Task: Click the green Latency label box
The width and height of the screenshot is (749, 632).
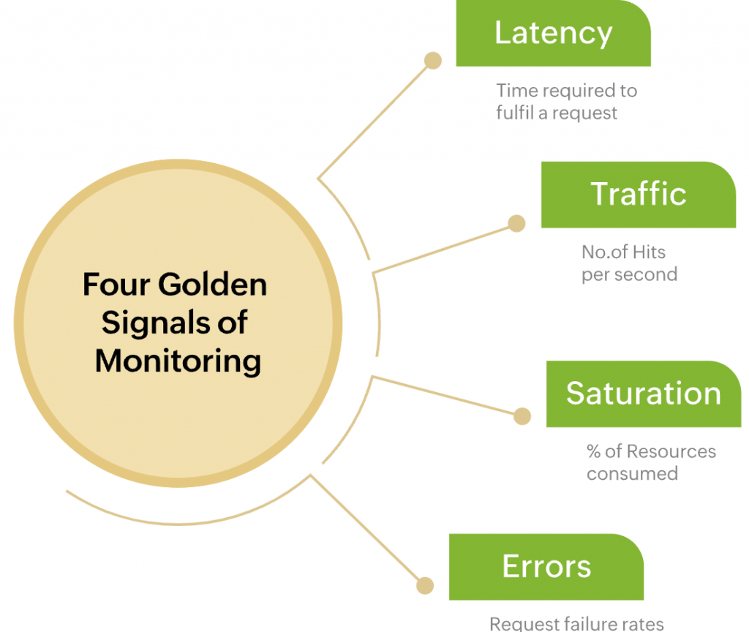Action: point(553,34)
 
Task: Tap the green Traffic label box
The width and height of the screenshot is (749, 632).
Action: point(638,195)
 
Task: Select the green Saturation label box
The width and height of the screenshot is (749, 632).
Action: point(643,394)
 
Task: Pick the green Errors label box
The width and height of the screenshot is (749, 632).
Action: point(546,567)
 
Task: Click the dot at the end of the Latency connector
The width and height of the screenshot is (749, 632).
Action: point(433,61)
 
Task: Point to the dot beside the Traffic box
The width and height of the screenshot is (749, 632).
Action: point(516,224)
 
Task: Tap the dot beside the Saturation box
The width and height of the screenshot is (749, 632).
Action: point(522,416)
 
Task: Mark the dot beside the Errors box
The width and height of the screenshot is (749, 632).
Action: point(425,585)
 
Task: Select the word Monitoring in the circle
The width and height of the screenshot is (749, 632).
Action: point(178,361)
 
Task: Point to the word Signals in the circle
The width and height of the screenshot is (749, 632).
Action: point(148,323)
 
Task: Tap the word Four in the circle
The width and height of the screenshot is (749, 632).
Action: point(110,285)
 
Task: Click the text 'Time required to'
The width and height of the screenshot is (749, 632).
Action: point(566,91)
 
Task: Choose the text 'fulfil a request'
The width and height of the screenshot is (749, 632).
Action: point(557,113)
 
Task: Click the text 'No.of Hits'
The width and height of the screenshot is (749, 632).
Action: point(623,252)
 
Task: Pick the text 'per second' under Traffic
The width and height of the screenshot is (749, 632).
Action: point(629,274)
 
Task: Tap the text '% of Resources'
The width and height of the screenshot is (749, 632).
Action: point(651,451)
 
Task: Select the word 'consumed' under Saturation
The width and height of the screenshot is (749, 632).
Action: point(632,473)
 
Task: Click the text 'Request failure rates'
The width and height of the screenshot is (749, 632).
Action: point(576,624)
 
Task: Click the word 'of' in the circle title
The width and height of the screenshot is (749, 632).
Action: point(233,323)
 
